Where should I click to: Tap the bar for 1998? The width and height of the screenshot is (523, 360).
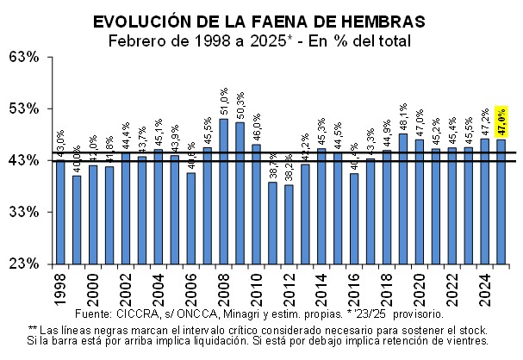pyautogui.click(x=60, y=212)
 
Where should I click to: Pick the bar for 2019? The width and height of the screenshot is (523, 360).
pyautogui.click(x=402, y=198)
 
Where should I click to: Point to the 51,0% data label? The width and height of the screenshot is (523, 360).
pyautogui.click(x=224, y=102)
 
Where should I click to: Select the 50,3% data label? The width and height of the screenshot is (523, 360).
pyautogui.click(x=240, y=106)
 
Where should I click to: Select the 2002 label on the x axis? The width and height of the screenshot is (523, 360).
pyautogui.click(x=125, y=287)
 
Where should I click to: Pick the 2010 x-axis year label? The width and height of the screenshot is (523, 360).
pyautogui.click(x=256, y=287)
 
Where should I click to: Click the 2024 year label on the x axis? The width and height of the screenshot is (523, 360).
pyautogui.click(x=484, y=287)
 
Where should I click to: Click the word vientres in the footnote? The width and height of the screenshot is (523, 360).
pyautogui.click(x=462, y=340)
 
